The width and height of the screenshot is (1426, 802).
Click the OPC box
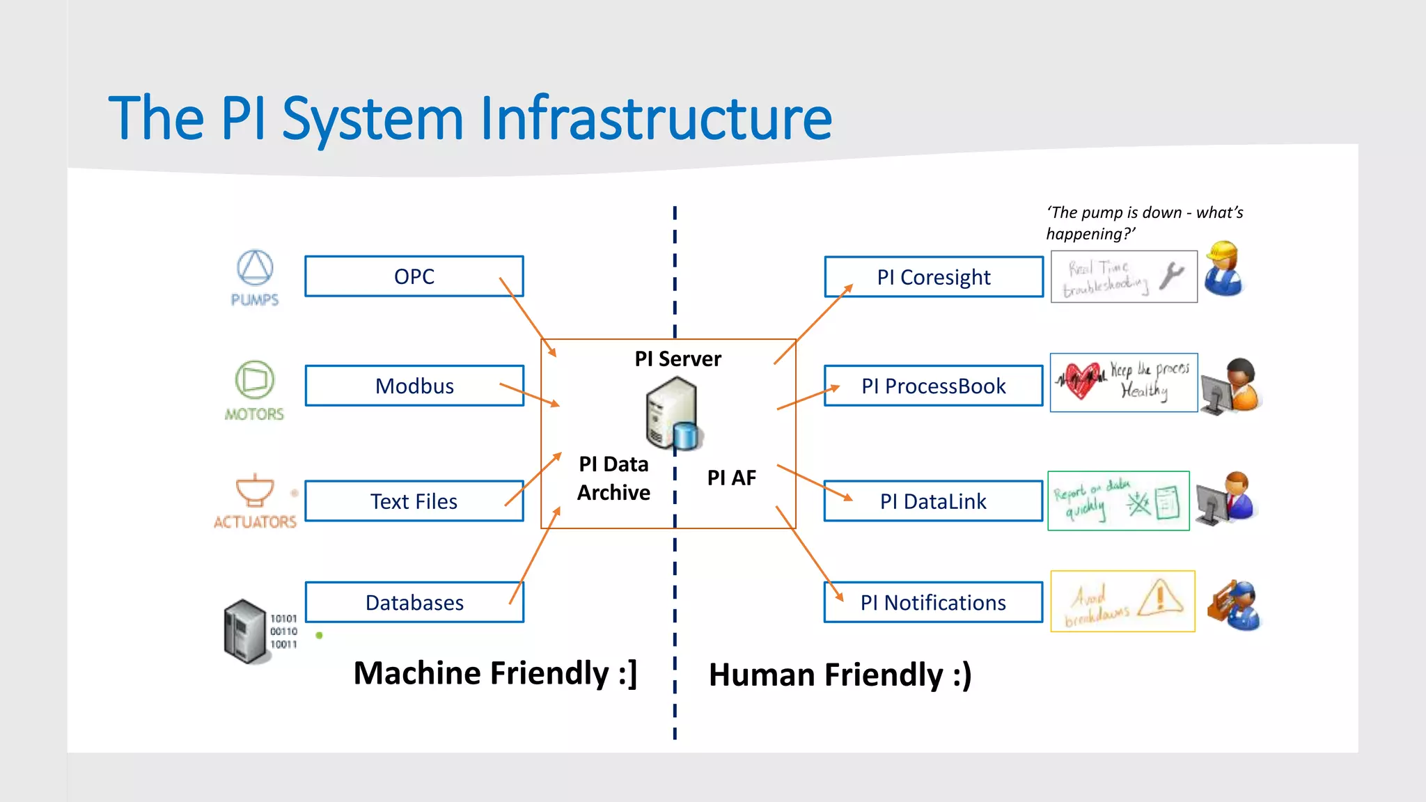(x=414, y=276)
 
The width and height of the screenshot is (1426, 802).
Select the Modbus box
(x=414, y=386)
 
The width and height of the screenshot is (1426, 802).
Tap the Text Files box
(x=414, y=501)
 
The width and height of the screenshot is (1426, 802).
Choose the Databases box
(x=414, y=602)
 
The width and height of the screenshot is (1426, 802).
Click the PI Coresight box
(x=933, y=277)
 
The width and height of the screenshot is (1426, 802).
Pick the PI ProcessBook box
(x=933, y=386)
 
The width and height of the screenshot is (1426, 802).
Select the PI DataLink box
(x=933, y=501)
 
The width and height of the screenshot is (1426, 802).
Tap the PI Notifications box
(x=933, y=602)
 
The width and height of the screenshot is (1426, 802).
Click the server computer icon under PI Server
(x=671, y=413)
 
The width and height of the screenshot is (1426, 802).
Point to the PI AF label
(x=731, y=478)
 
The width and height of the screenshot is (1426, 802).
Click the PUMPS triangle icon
(x=255, y=267)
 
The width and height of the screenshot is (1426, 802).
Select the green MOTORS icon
(x=254, y=379)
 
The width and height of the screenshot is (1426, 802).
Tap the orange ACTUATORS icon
(x=255, y=490)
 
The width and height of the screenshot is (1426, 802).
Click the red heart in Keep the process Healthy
(x=1080, y=380)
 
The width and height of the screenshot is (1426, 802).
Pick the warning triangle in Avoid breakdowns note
(x=1161, y=597)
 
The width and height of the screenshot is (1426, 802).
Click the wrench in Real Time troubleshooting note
(x=1171, y=276)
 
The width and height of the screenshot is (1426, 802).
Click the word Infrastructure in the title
(x=655, y=118)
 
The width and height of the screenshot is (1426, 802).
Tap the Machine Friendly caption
(x=495, y=673)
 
